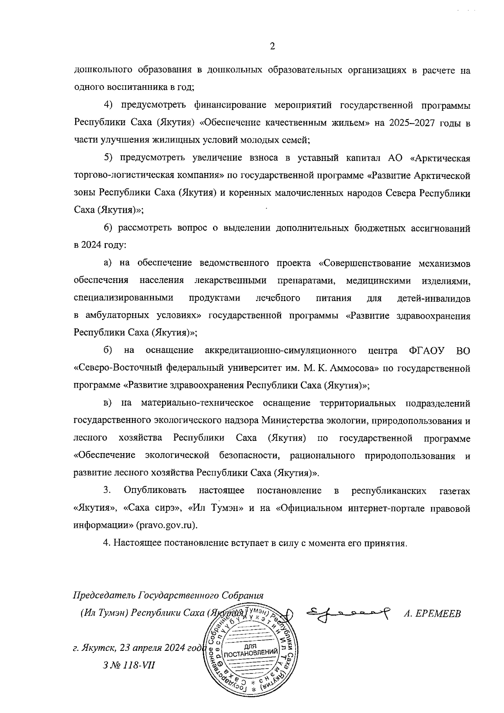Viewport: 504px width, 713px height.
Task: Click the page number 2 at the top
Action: click(x=272, y=47)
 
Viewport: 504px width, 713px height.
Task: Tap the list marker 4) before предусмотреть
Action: click(x=109, y=105)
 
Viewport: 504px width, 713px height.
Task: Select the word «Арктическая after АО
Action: click(x=439, y=158)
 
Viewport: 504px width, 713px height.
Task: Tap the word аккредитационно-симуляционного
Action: click(x=281, y=351)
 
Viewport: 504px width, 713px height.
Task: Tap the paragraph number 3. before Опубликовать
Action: click(x=107, y=490)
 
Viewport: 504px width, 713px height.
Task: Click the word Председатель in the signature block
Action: click(x=105, y=595)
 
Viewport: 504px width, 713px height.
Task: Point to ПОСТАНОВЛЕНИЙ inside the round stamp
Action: click(x=251, y=653)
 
